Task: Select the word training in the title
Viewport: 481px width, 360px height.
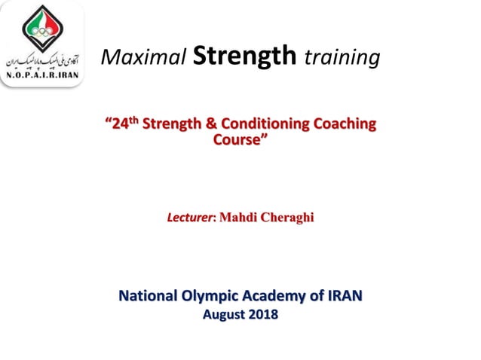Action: (x=342, y=56)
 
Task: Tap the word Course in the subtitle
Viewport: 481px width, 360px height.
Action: (x=239, y=139)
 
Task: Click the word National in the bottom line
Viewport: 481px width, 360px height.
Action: (x=151, y=296)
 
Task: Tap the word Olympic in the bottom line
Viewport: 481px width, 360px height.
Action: (x=214, y=296)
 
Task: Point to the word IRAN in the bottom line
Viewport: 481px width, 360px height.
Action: (x=343, y=296)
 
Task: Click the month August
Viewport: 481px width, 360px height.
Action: (x=224, y=315)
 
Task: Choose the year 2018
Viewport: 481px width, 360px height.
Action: (x=262, y=315)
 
